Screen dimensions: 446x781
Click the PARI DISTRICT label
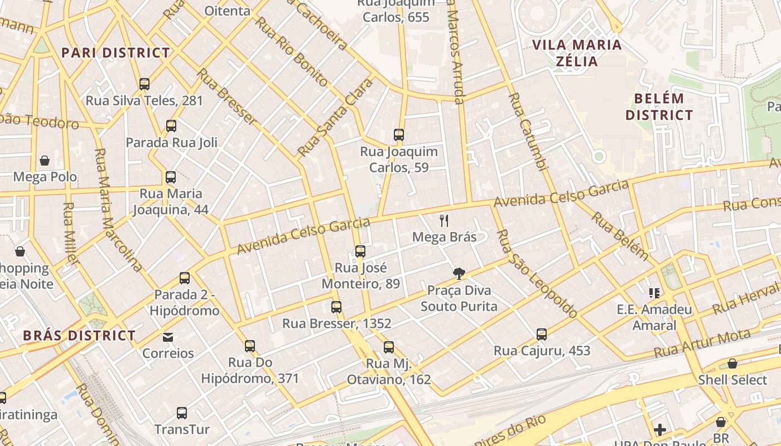pyautogui.click(x=115, y=53)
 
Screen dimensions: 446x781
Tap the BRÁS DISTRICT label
pyautogui.click(x=79, y=336)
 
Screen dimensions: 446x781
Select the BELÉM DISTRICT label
pyautogui.click(x=659, y=107)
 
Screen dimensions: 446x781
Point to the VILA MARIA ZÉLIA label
pyautogui.click(x=577, y=53)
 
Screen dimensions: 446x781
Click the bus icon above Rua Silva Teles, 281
pyautogui.click(x=144, y=84)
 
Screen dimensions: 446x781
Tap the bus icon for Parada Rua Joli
pyautogui.click(x=171, y=126)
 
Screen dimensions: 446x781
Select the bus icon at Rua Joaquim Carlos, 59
pyautogui.click(x=398, y=135)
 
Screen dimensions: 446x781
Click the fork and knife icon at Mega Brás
pyautogui.click(x=444, y=221)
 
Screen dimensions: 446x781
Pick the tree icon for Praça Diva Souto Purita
pyautogui.click(x=459, y=273)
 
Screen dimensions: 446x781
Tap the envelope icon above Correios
pyautogui.click(x=168, y=337)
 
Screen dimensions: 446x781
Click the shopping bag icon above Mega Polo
pyautogui.click(x=45, y=161)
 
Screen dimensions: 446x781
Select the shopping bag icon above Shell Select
pyautogui.click(x=732, y=363)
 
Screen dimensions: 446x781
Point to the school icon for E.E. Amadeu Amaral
pyautogui.click(x=654, y=293)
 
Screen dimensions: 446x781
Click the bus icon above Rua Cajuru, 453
pyautogui.click(x=541, y=334)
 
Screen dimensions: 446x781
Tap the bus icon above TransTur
pyautogui.click(x=182, y=413)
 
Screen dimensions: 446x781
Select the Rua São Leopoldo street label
pyautogui.click(x=537, y=274)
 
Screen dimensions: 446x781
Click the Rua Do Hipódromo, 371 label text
pyautogui.click(x=250, y=371)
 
